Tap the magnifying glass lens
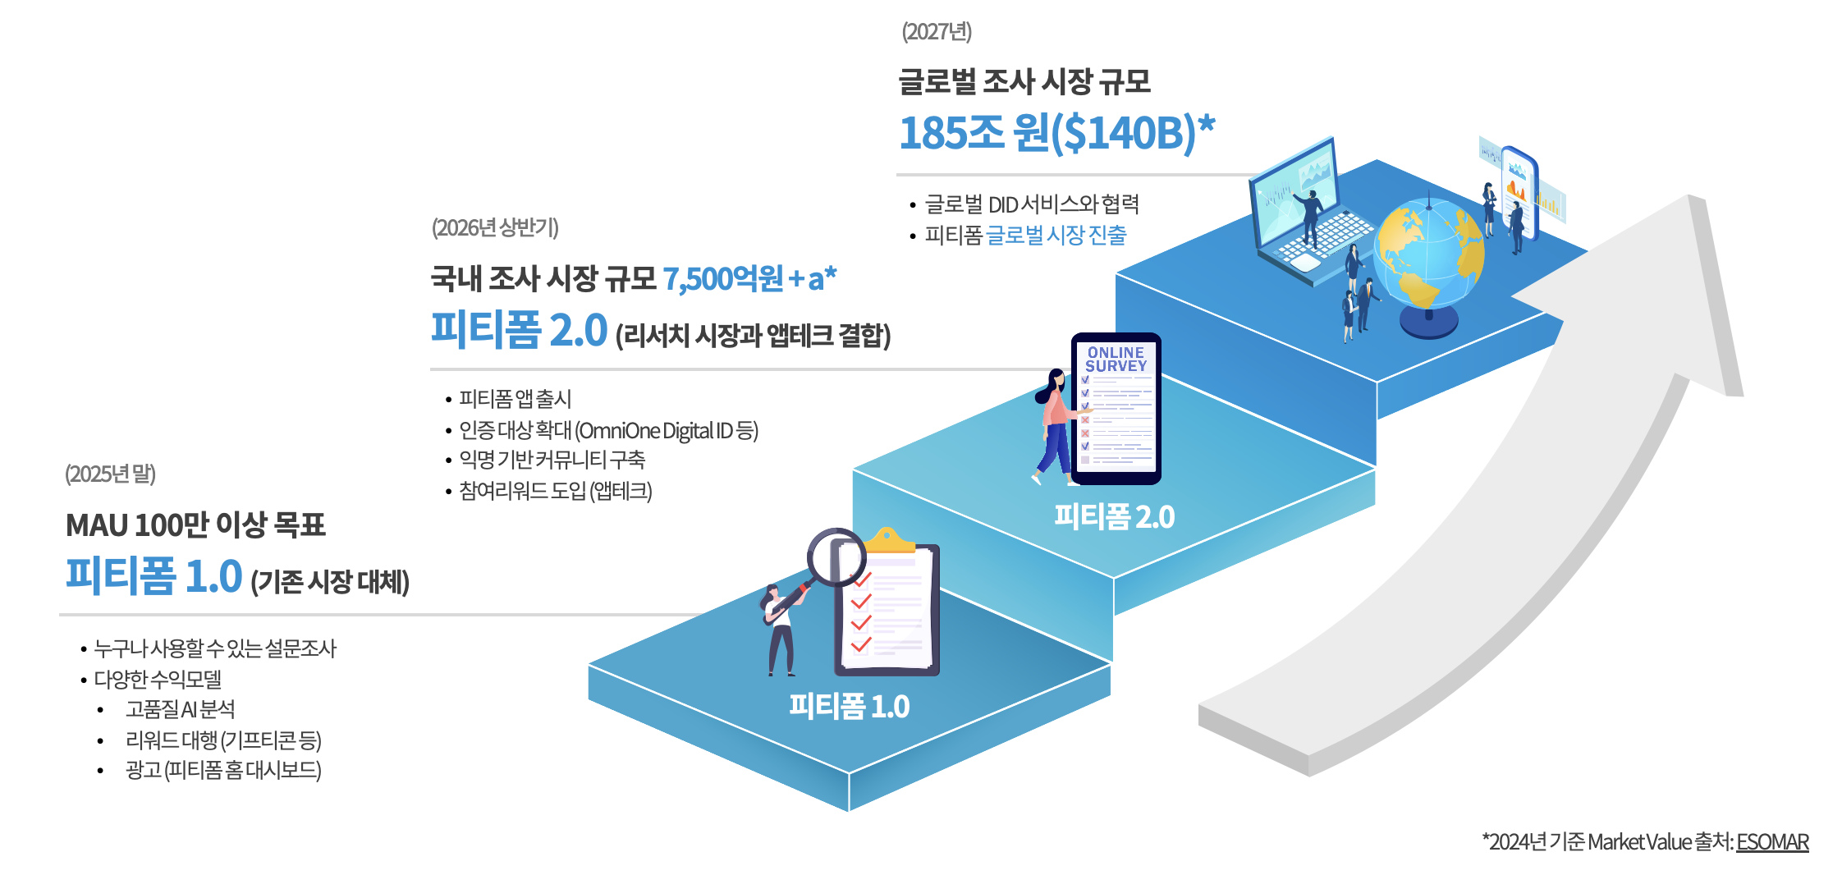(x=836, y=557)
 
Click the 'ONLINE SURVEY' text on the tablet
(x=1116, y=360)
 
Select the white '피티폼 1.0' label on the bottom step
(x=849, y=706)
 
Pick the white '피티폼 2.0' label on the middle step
(x=1114, y=516)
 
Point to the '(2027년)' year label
(x=937, y=31)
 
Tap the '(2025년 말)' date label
(x=110, y=474)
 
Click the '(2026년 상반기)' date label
(x=495, y=227)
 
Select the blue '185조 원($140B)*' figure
(x=1056, y=133)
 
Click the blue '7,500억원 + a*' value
(x=749, y=279)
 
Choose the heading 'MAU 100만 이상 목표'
(x=195, y=525)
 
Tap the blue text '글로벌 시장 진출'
(x=1056, y=236)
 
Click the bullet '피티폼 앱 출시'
(x=515, y=399)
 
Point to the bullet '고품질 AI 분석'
(x=180, y=709)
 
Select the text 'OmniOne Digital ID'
(x=655, y=430)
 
